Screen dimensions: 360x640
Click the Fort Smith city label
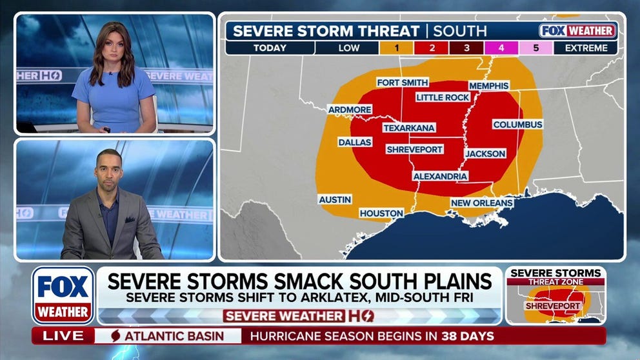(403, 83)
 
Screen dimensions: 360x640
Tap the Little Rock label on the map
(443, 97)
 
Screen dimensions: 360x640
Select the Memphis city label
(488, 86)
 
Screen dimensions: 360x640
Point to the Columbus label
(517, 124)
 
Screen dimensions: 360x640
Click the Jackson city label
(485, 154)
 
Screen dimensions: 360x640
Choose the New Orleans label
(482, 203)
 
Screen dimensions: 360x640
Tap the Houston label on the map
(381, 213)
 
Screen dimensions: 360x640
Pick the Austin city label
(335, 200)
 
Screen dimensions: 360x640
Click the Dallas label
(355, 142)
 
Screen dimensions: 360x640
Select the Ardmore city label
(350, 110)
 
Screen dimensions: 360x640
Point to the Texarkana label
(409, 128)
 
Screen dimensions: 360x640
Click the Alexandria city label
(440, 176)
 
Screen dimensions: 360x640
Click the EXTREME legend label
(586, 48)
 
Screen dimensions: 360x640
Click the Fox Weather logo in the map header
(578, 30)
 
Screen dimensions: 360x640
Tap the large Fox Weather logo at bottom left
(63, 295)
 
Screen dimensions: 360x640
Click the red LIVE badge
(63, 335)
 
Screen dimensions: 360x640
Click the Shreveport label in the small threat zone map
(553, 306)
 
